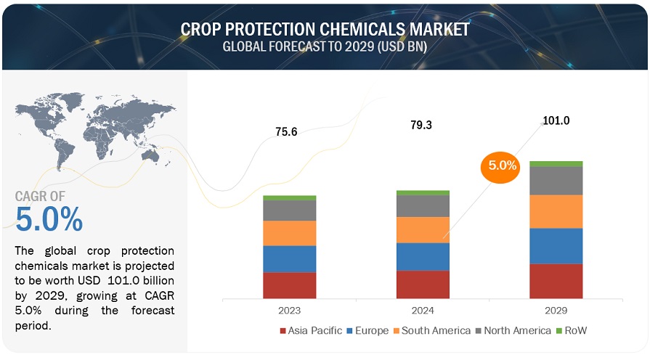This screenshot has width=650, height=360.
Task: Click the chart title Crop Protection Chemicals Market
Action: (x=325, y=29)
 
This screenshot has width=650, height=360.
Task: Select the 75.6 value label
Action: (x=286, y=131)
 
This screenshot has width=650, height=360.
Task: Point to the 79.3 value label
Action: (x=421, y=125)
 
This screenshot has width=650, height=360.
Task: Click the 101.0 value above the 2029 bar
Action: (x=556, y=120)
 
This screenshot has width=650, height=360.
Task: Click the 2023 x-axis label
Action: (x=289, y=311)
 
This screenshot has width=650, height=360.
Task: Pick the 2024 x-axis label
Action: (x=423, y=311)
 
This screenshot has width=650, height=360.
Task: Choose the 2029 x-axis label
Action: (x=556, y=311)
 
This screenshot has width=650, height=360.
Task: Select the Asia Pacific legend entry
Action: (x=311, y=331)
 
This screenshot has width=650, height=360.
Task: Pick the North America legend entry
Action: (x=512, y=331)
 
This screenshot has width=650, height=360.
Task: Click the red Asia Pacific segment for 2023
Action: (x=289, y=285)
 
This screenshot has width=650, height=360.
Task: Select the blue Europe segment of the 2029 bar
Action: (x=556, y=246)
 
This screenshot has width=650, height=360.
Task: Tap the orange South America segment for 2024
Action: (x=423, y=229)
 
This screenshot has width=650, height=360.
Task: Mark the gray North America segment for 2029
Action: (x=556, y=181)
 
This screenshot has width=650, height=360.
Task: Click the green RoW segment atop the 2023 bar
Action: (x=289, y=197)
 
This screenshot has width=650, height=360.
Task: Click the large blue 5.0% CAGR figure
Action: (x=49, y=219)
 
